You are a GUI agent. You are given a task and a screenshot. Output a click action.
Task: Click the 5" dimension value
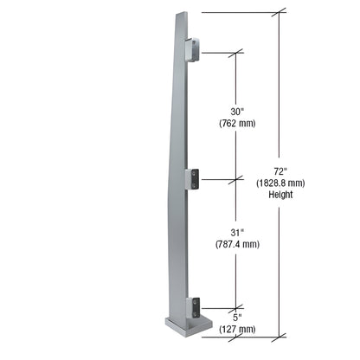[x=236, y=317]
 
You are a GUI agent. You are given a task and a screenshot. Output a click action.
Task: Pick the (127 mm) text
[x=236, y=329]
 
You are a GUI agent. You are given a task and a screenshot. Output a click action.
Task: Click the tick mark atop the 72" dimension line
[x=280, y=13]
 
